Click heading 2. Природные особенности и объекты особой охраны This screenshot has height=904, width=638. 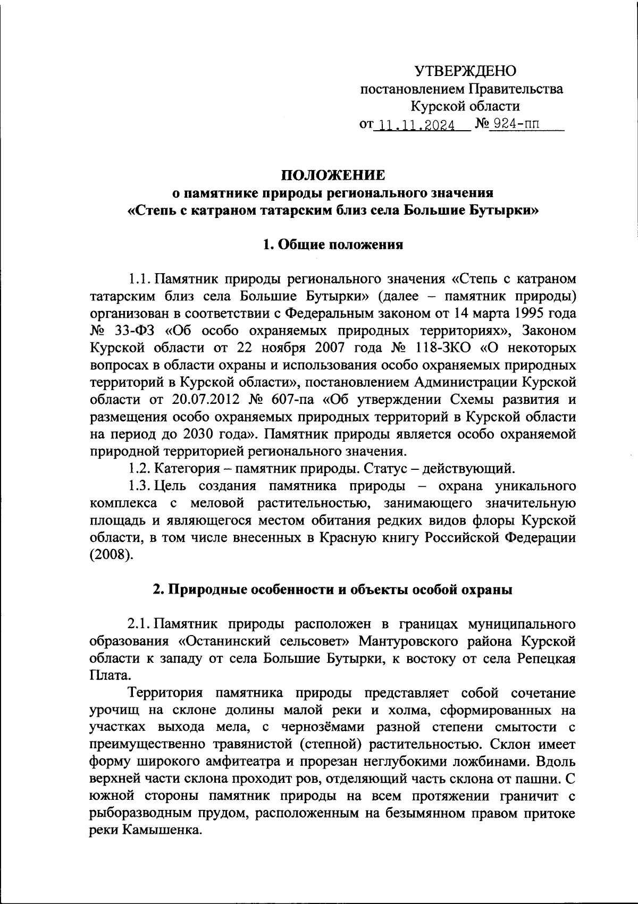[332, 590]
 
